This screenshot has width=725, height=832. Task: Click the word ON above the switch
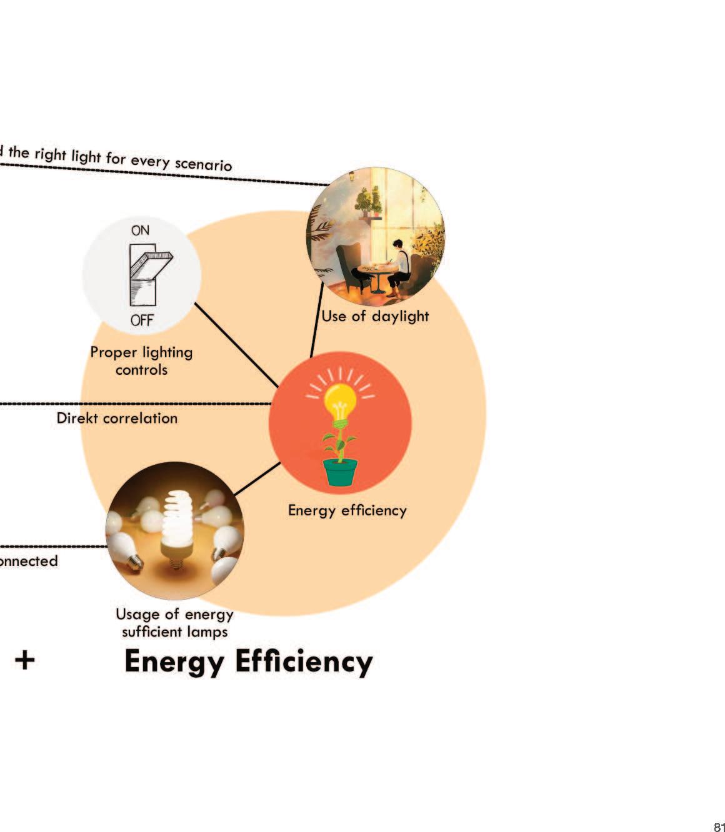[140, 230]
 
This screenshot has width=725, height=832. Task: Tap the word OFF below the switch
[142, 320]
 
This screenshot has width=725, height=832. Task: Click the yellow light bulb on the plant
[339, 400]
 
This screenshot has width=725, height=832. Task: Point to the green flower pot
[341, 472]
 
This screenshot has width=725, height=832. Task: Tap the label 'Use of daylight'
[375, 316]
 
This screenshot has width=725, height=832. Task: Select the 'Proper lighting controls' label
[142, 361]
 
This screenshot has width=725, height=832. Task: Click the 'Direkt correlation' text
[117, 418]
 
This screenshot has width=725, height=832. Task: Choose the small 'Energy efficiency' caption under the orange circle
[347, 510]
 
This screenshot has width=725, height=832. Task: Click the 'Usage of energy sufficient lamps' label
[174, 623]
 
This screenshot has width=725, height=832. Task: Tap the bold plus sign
[24, 660]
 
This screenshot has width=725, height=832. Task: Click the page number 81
[718, 827]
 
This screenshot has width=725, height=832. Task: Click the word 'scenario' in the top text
[203, 163]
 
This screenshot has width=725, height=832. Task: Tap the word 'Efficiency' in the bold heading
[302, 662]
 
